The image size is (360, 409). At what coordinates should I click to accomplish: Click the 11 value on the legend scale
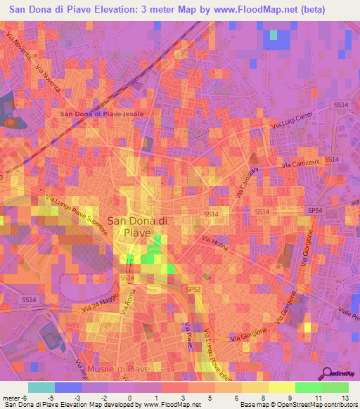click(x=320, y=397)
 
